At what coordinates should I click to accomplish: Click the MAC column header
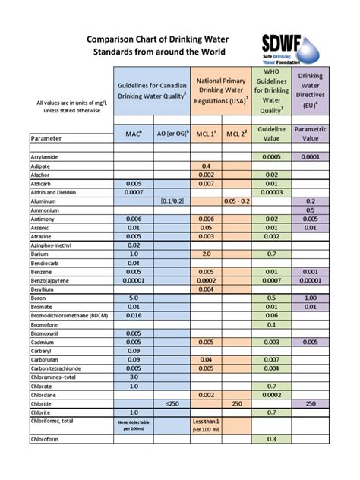(x=133, y=134)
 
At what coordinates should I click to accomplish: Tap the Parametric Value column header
(x=310, y=134)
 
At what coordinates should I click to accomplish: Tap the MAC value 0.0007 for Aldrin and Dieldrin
(x=133, y=192)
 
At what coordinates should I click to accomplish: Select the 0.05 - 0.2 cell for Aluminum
(x=241, y=201)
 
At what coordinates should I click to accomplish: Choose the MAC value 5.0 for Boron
(x=133, y=297)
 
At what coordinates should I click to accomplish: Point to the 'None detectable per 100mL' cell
(x=133, y=425)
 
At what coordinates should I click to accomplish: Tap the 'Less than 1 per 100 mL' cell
(x=206, y=425)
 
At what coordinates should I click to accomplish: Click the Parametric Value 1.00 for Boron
(x=310, y=297)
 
